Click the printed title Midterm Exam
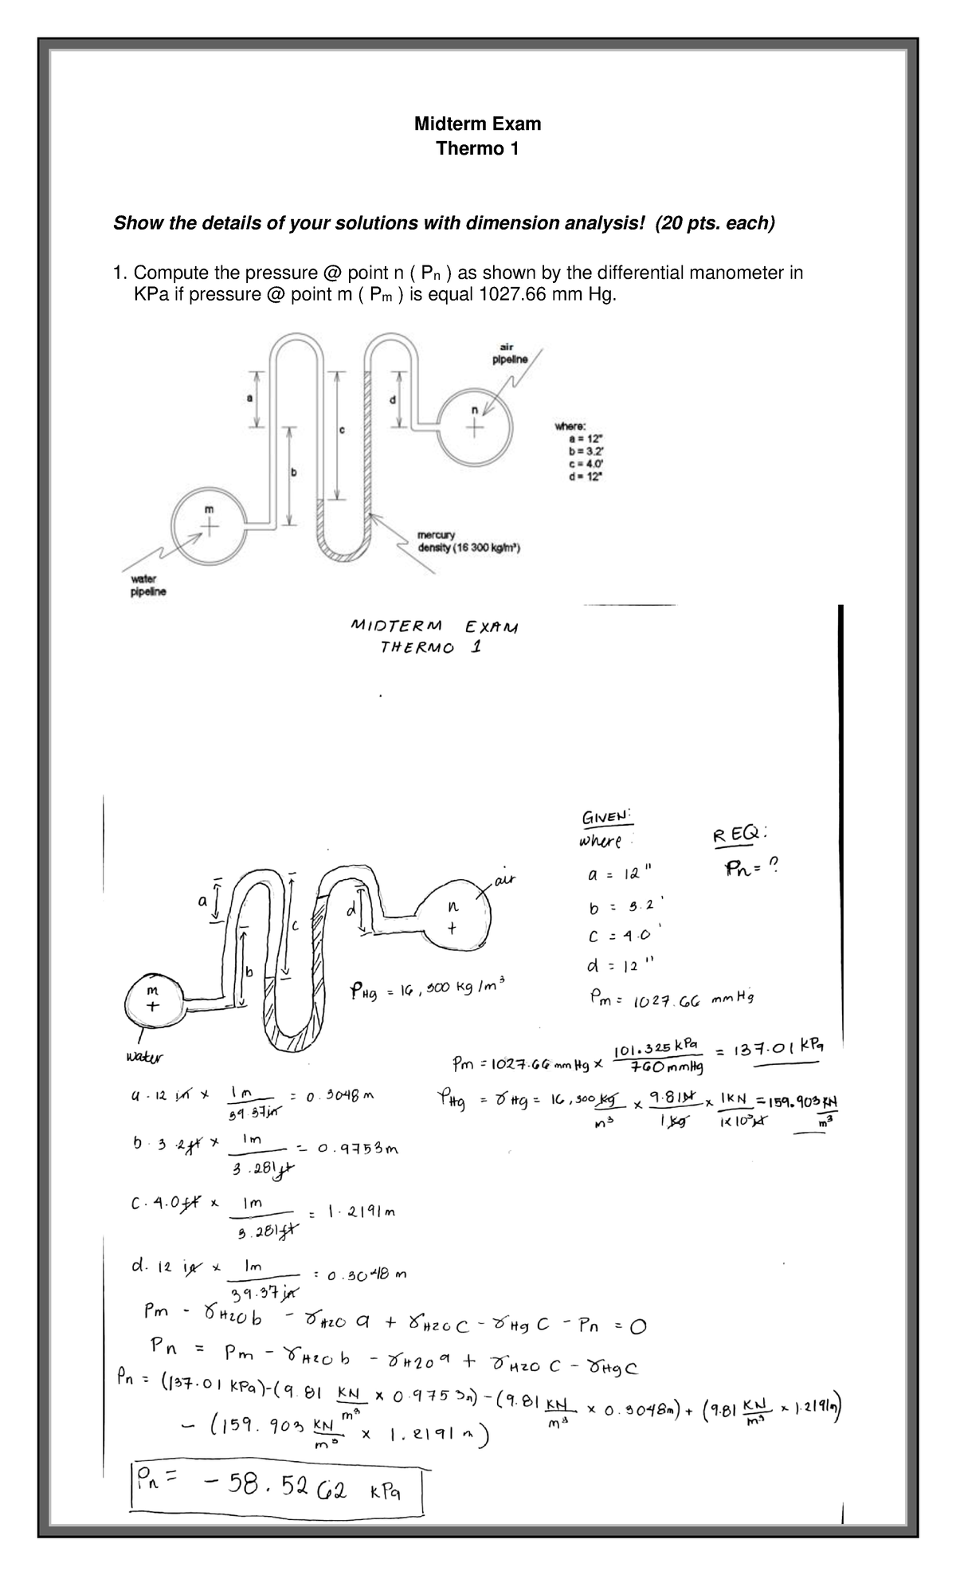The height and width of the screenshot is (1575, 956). coord(477,124)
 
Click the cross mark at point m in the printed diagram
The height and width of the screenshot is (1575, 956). coord(210,527)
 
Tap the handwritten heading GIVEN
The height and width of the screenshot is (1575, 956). coord(607,819)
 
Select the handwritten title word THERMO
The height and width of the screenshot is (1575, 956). coord(419,648)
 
